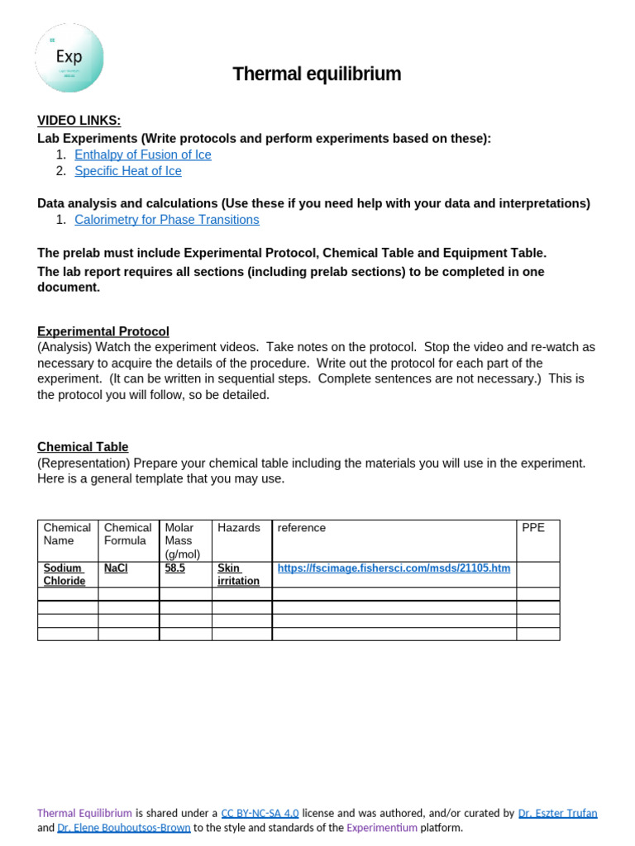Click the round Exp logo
point(69,58)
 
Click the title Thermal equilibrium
point(317,74)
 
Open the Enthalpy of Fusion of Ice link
point(142,154)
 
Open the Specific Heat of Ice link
point(128,171)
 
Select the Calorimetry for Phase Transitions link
point(166,220)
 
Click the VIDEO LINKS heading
point(79,121)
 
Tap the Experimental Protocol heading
point(103,331)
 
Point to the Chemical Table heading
point(83,447)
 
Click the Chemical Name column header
point(67,534)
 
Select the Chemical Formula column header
point(127,534)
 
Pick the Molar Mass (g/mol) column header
point(183,540)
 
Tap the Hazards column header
point(239,527)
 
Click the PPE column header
point(533,527)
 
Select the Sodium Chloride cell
point(64,574)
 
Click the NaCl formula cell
point(116,568)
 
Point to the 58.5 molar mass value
point(175,568)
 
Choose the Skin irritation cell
point(238,574)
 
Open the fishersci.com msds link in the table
point(394,568)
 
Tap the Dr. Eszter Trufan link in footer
point(557,813)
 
